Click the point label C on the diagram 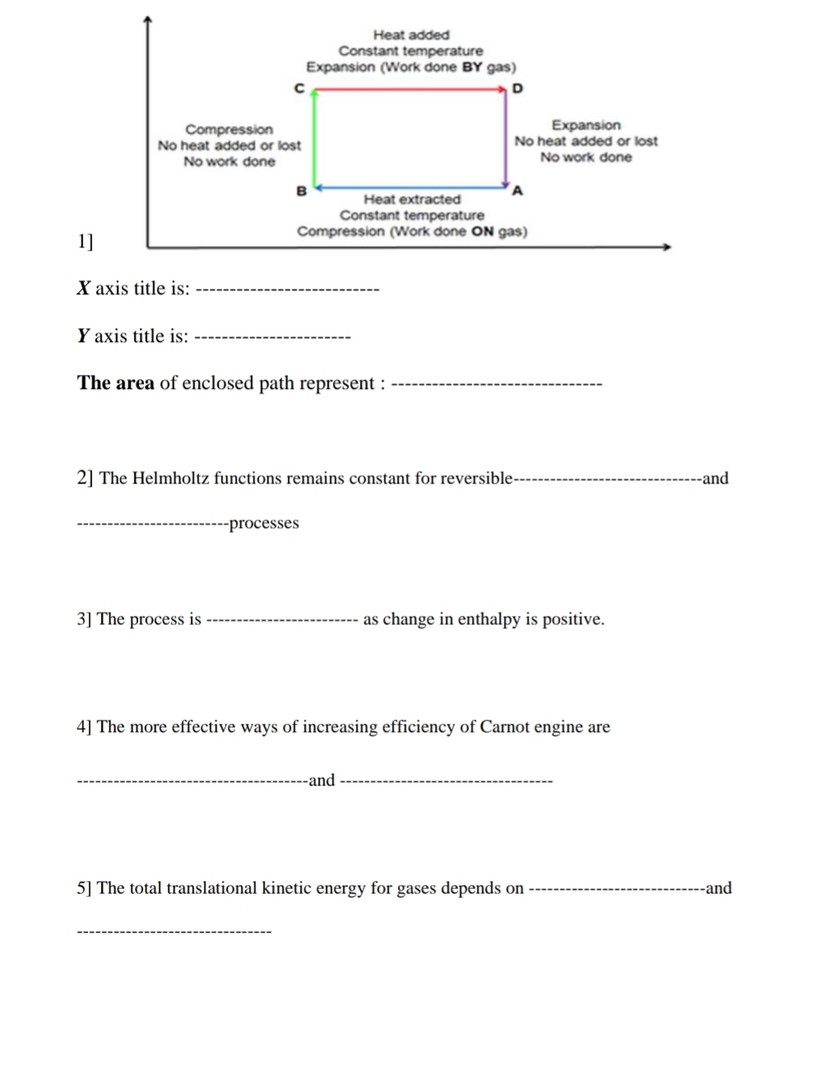(299, 88)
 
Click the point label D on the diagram (517, 88)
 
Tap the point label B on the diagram (301, 191)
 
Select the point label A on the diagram (517, 191)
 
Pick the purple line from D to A (506, 138)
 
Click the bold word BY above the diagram (472, 67)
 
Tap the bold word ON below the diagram (483, 232)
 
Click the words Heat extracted (412, 199)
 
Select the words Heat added (411, 35)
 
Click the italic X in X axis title (83, 289)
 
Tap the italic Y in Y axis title (83, 336)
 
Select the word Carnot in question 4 (505, 727)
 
